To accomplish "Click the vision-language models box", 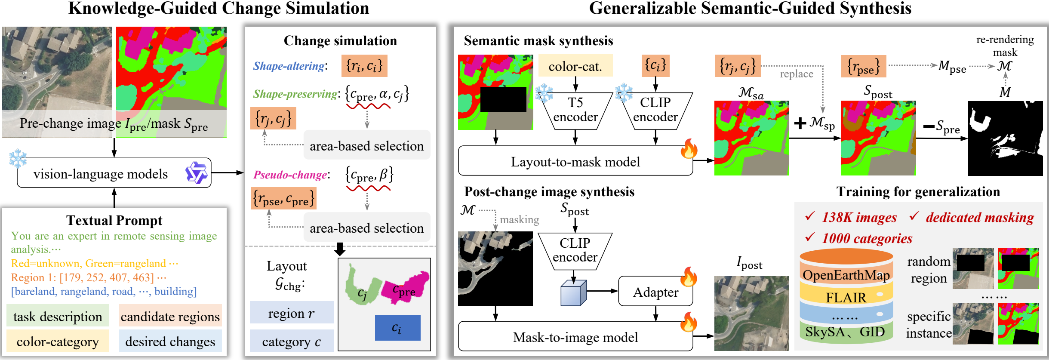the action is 114,173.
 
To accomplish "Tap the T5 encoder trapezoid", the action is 575,111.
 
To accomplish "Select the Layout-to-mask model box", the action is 575,161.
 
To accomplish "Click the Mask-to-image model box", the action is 575,336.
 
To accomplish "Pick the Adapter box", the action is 655,291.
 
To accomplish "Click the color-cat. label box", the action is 575,66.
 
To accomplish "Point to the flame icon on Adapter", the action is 689,277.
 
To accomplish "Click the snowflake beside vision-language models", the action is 18,158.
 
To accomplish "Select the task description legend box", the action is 58,316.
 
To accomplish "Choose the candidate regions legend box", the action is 170,316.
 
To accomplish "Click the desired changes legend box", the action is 170,341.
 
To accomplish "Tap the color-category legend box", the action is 58,341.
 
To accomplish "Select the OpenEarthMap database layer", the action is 846,274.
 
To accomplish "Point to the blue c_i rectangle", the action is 397,328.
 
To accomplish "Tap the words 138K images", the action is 859,217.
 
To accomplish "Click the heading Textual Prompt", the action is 114,220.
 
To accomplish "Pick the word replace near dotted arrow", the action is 797,74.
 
